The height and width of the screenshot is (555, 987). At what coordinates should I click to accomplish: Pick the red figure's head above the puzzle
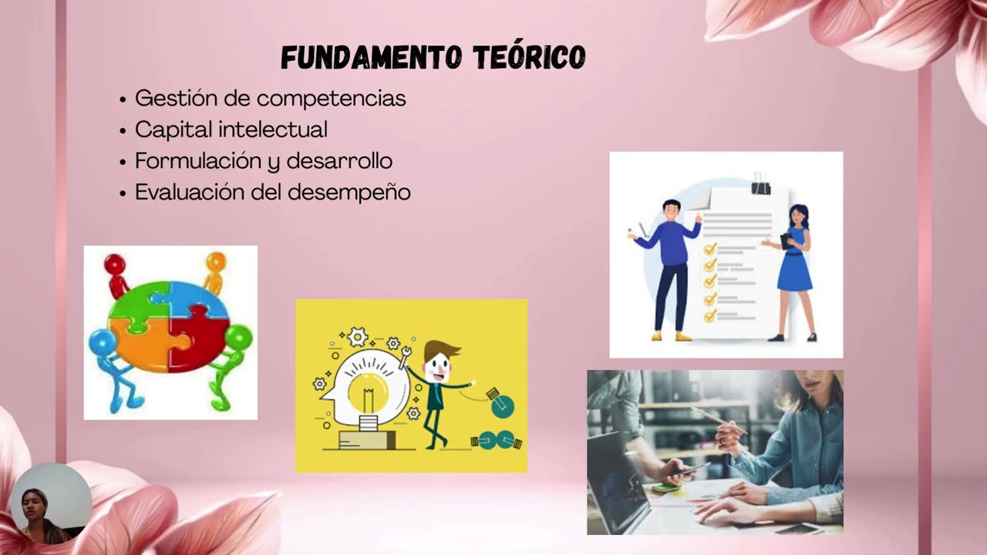coord(115,265)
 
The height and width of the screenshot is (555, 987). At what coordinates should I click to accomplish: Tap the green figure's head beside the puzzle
coord(238,336)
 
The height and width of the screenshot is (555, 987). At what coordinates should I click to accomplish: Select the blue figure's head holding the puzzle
coord(102,341)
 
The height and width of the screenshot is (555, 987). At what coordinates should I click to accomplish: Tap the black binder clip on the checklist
coord(761,185)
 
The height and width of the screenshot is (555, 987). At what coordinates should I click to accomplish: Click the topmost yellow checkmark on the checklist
coord(710,249)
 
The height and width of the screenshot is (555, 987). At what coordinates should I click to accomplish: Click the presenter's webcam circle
coord(51,503)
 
